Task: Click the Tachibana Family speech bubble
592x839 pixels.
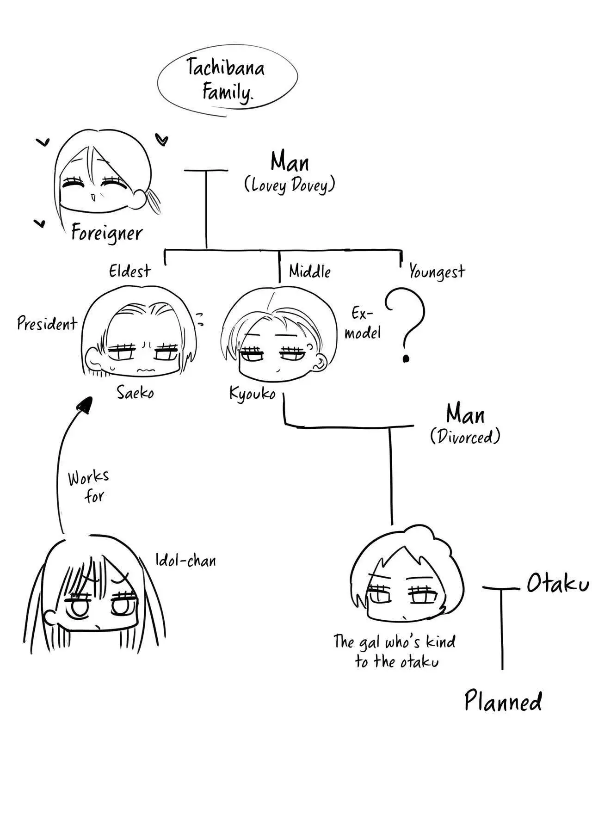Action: pyautogui.click(x=227, y=80)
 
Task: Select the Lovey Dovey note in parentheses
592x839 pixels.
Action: pyautogui.click(x=290, y=185)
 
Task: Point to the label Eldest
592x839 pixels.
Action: pyautogui.click(x=130, y=271)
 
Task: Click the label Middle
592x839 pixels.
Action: pyautogui.click(x=309, y=271)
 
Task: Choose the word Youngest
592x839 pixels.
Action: pyautogui.click(x=437, y=272)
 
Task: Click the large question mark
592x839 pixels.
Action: pyautogui.click(x=405, y=324)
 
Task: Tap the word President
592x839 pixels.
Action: pyautogui.click(x=47, y=323)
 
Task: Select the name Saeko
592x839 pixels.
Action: pyautogui.click(x=135, y=393)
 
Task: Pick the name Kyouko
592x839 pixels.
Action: pyautogui.click(x=253, y=394)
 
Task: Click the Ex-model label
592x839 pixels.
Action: pyautogui.click(x=363, y=323)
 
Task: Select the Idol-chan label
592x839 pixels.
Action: pyautogui.click(x=185, y=561)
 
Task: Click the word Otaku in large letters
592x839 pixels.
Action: pyautogui.click(x=557, y=585)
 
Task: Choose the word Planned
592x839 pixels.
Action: pyautogui.click(x=503, y=702)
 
